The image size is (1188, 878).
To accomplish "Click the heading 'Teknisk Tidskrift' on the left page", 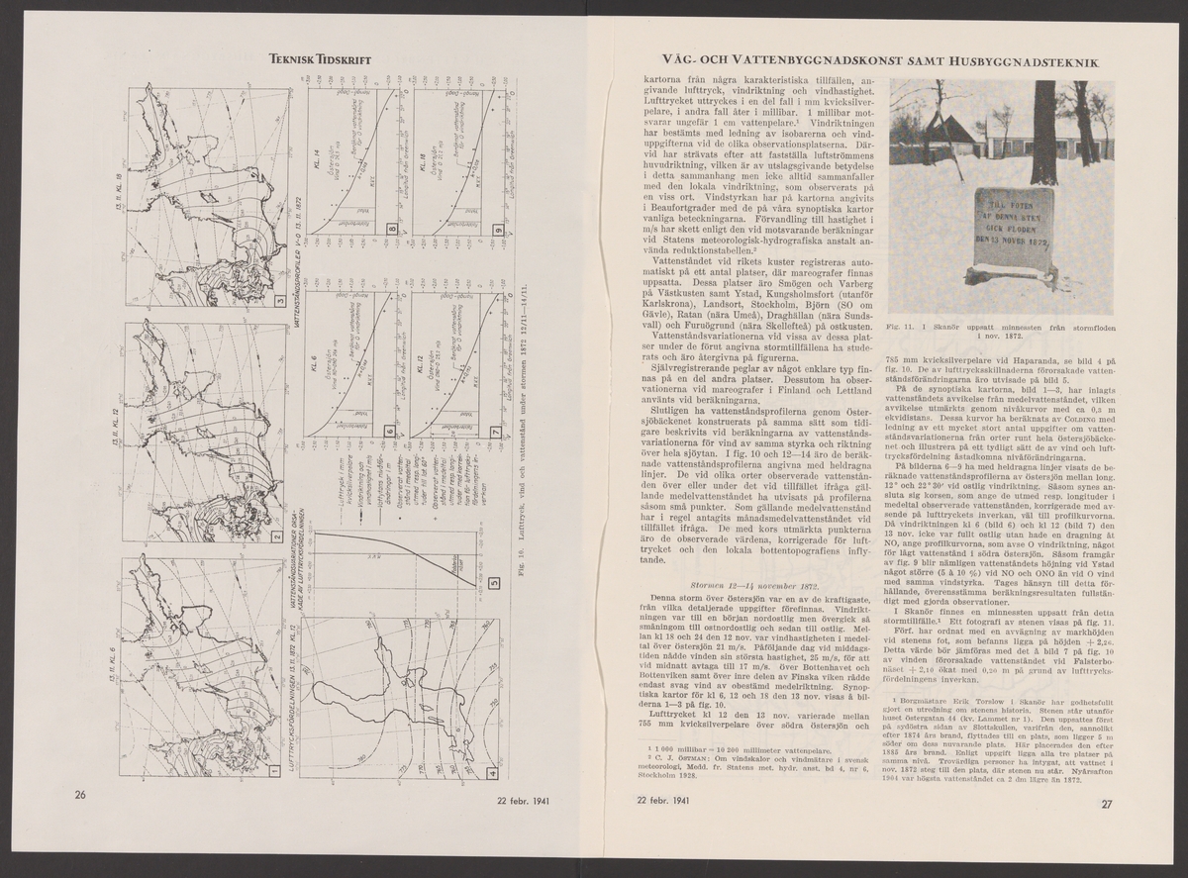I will coord(314,60).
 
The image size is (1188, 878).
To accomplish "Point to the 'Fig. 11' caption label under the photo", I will coord(903,325).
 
